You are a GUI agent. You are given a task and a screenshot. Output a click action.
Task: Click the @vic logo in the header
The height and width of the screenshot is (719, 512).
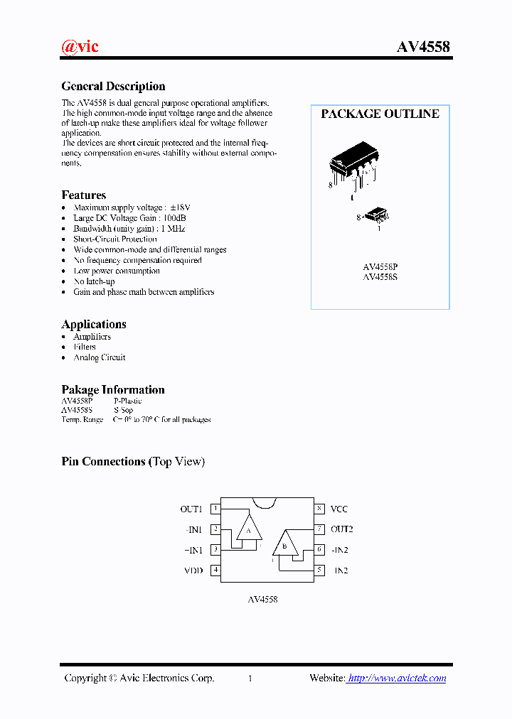point(80,47)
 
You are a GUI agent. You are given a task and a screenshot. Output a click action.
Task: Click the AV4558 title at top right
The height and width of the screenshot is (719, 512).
point(422,48)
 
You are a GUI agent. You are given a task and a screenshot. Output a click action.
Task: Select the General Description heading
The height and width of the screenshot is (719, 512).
point(113,87)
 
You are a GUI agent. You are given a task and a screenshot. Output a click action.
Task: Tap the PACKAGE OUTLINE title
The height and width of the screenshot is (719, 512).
point(380,114)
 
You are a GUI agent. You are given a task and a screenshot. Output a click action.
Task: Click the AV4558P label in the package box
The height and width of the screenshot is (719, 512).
point(380,267)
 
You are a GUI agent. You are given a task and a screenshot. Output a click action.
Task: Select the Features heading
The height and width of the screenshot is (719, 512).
point(84,195)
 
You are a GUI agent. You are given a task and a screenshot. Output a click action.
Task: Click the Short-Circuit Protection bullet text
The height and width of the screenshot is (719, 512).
point(114,239)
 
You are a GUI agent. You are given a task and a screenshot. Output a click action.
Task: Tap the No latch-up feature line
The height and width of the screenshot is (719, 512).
point(94,281)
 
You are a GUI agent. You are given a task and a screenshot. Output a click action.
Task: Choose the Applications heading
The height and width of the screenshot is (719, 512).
point(94,325)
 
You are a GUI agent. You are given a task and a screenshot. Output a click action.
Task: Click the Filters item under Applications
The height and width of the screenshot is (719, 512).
point(85,347)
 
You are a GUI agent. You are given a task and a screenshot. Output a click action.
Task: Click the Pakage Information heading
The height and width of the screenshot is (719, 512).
point(113,390)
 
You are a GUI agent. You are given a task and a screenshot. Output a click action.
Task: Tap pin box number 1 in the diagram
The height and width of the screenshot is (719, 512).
point(215,509)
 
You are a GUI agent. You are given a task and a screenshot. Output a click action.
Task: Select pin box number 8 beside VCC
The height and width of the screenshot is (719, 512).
point(320,509)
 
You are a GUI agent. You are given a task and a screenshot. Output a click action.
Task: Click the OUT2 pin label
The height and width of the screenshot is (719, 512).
point(341,529)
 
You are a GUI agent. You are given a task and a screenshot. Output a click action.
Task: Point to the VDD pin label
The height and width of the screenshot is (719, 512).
point(193,571)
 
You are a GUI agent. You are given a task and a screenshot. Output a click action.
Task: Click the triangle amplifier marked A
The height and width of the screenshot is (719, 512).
point(249,529)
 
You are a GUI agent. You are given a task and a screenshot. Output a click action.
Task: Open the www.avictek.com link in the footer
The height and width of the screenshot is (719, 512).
point(398,679)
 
